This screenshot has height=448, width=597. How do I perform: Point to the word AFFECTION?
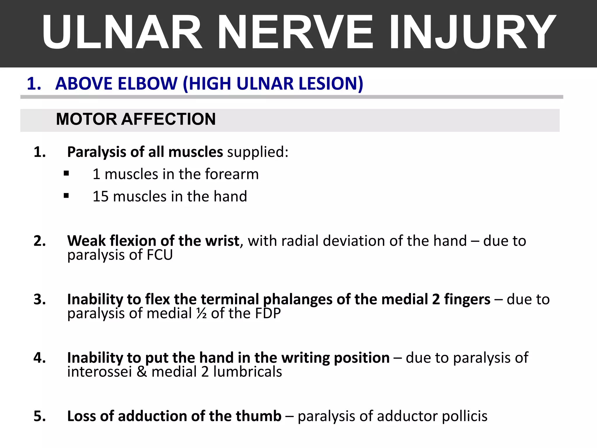coord(168,119)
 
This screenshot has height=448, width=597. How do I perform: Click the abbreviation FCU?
coord(160,255)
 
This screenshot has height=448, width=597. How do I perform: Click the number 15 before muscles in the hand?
coord(101,196)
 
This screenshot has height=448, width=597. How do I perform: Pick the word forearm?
coord(232,174)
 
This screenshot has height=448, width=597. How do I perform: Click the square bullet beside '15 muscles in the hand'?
coord(66,196)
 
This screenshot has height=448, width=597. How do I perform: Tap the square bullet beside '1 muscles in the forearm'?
coord(66,174)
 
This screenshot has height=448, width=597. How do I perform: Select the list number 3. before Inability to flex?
coord(40,300)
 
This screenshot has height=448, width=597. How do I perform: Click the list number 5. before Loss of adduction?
coord(40,416)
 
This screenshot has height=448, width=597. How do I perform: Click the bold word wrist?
coord(222,241)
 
